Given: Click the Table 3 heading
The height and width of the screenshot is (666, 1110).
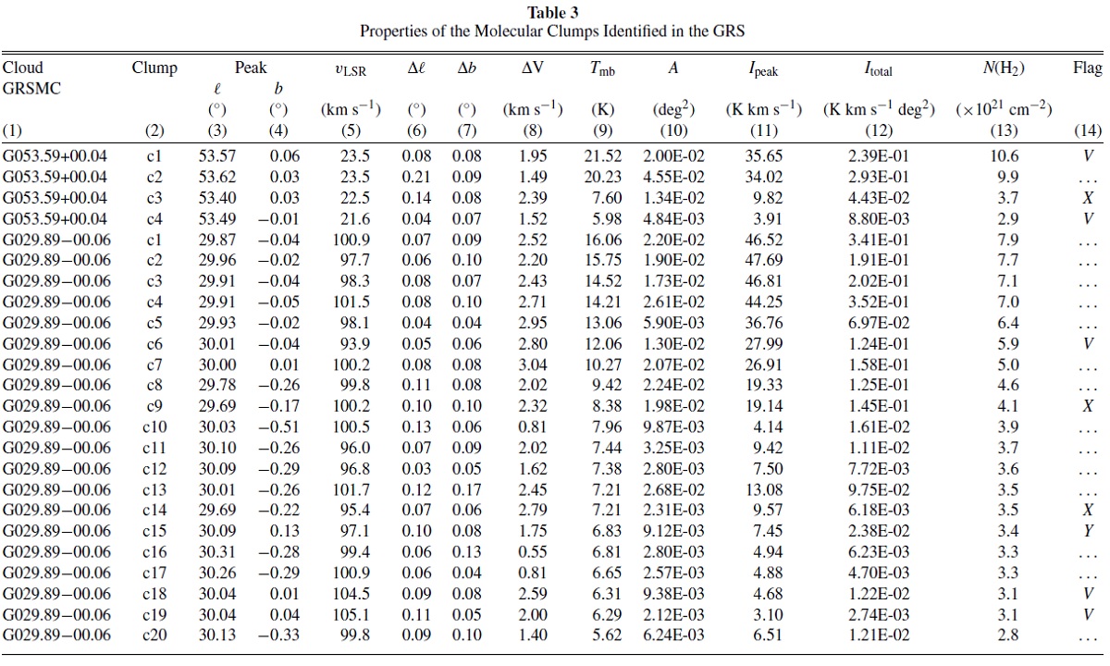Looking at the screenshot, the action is [x=552, y=12].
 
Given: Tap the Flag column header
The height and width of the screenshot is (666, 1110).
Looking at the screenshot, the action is [x=1088, y=68].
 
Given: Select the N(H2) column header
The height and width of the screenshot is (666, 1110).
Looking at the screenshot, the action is [x=1004, y=68].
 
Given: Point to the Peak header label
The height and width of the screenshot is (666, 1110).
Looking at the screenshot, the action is [x=251, y=68].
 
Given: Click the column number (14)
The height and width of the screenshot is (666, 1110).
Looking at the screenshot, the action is [x=1088, y=130].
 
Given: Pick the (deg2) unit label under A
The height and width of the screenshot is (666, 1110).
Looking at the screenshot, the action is [x=673, y=109].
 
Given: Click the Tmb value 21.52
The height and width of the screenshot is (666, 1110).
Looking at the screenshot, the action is [x=602, y=156].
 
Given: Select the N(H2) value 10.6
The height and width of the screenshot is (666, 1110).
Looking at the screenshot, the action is [x=1004, y=156].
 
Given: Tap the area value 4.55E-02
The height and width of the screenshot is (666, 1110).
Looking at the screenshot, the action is [x=673, y=177].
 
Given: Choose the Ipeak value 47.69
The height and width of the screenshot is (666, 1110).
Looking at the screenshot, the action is [x=763, y=260].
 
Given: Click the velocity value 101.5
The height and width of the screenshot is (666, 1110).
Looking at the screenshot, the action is [x=351, y=302].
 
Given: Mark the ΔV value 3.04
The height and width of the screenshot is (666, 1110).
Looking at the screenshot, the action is [x=533, y=364].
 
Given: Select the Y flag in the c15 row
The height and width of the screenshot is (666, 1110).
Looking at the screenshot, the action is [x=1088, y=531].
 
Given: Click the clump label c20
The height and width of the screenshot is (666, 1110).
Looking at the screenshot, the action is [x=154, y=635].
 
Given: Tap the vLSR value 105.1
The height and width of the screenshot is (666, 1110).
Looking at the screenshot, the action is [x=351, y=615].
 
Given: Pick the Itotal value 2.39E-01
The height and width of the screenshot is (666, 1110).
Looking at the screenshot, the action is [x=879, y=156].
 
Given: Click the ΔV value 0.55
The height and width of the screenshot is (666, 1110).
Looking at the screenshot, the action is [x=533, y=552].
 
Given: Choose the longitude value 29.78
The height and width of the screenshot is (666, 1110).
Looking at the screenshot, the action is [x=217, y=385].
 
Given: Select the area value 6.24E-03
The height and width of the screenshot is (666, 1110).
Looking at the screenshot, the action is [x=673, y=635].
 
